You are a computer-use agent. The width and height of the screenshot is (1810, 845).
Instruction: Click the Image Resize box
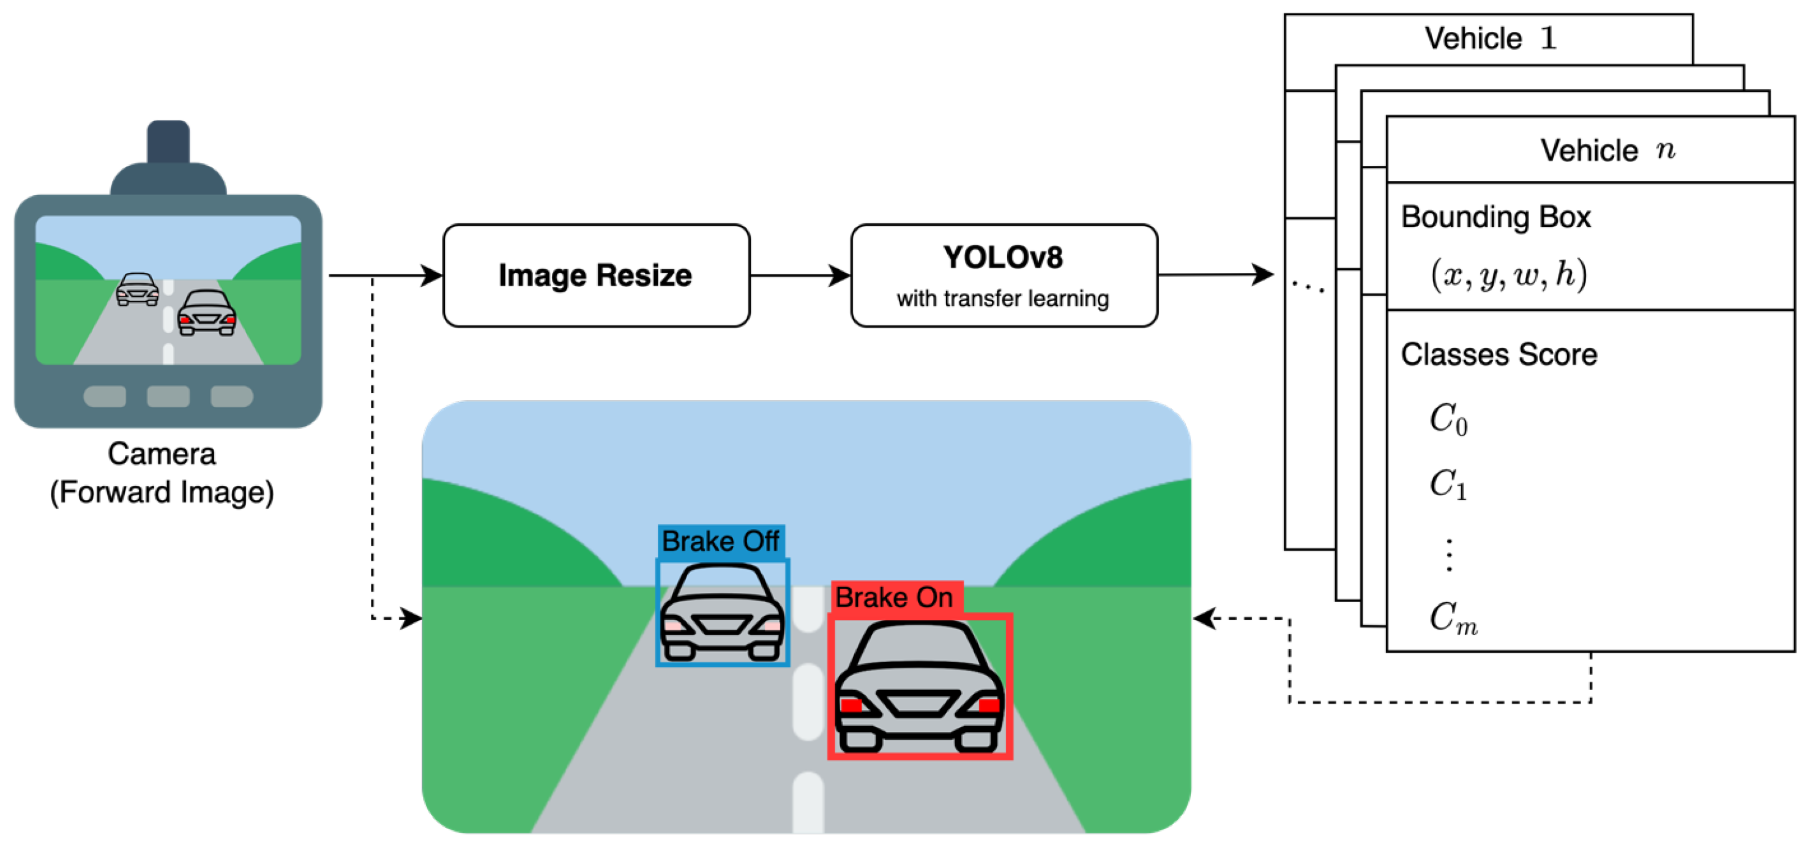(x=596, y=275)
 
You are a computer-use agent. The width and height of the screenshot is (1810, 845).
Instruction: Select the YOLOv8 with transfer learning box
(x=1004, y=275)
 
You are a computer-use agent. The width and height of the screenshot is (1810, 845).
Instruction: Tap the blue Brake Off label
(x=721, y=542)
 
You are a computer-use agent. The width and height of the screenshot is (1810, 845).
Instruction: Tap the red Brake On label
(x=895, y=598)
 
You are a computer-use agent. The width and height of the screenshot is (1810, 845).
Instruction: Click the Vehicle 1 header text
(x=1489, y=38)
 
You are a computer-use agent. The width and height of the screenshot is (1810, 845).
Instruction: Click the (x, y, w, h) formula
(x=1508, y=274)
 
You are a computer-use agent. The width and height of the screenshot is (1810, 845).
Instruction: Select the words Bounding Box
(x=1495, y=217)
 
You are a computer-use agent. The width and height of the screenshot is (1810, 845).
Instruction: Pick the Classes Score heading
(x=1499, y=355)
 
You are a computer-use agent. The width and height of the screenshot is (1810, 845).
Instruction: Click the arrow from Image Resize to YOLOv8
(x=800, y=275)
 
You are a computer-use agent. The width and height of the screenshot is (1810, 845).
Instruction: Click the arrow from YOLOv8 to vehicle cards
(x=1216, y=275)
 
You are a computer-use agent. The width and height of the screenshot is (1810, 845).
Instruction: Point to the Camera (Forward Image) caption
(x=162, y=473)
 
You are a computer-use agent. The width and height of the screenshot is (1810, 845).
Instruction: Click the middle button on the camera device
(x=168, y=396)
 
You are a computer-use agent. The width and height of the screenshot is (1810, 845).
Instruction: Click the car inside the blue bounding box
(x=722, y=612)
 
